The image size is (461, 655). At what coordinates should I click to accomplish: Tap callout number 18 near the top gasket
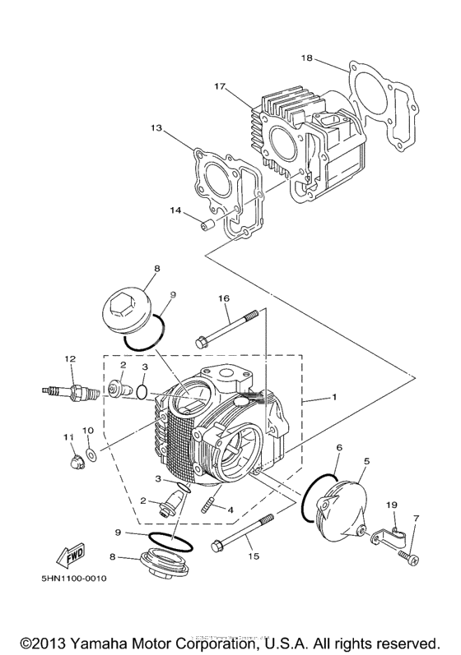306,58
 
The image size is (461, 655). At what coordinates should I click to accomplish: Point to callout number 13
156,128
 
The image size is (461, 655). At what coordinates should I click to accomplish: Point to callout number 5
366,462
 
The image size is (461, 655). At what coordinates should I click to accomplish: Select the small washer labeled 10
90,454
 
